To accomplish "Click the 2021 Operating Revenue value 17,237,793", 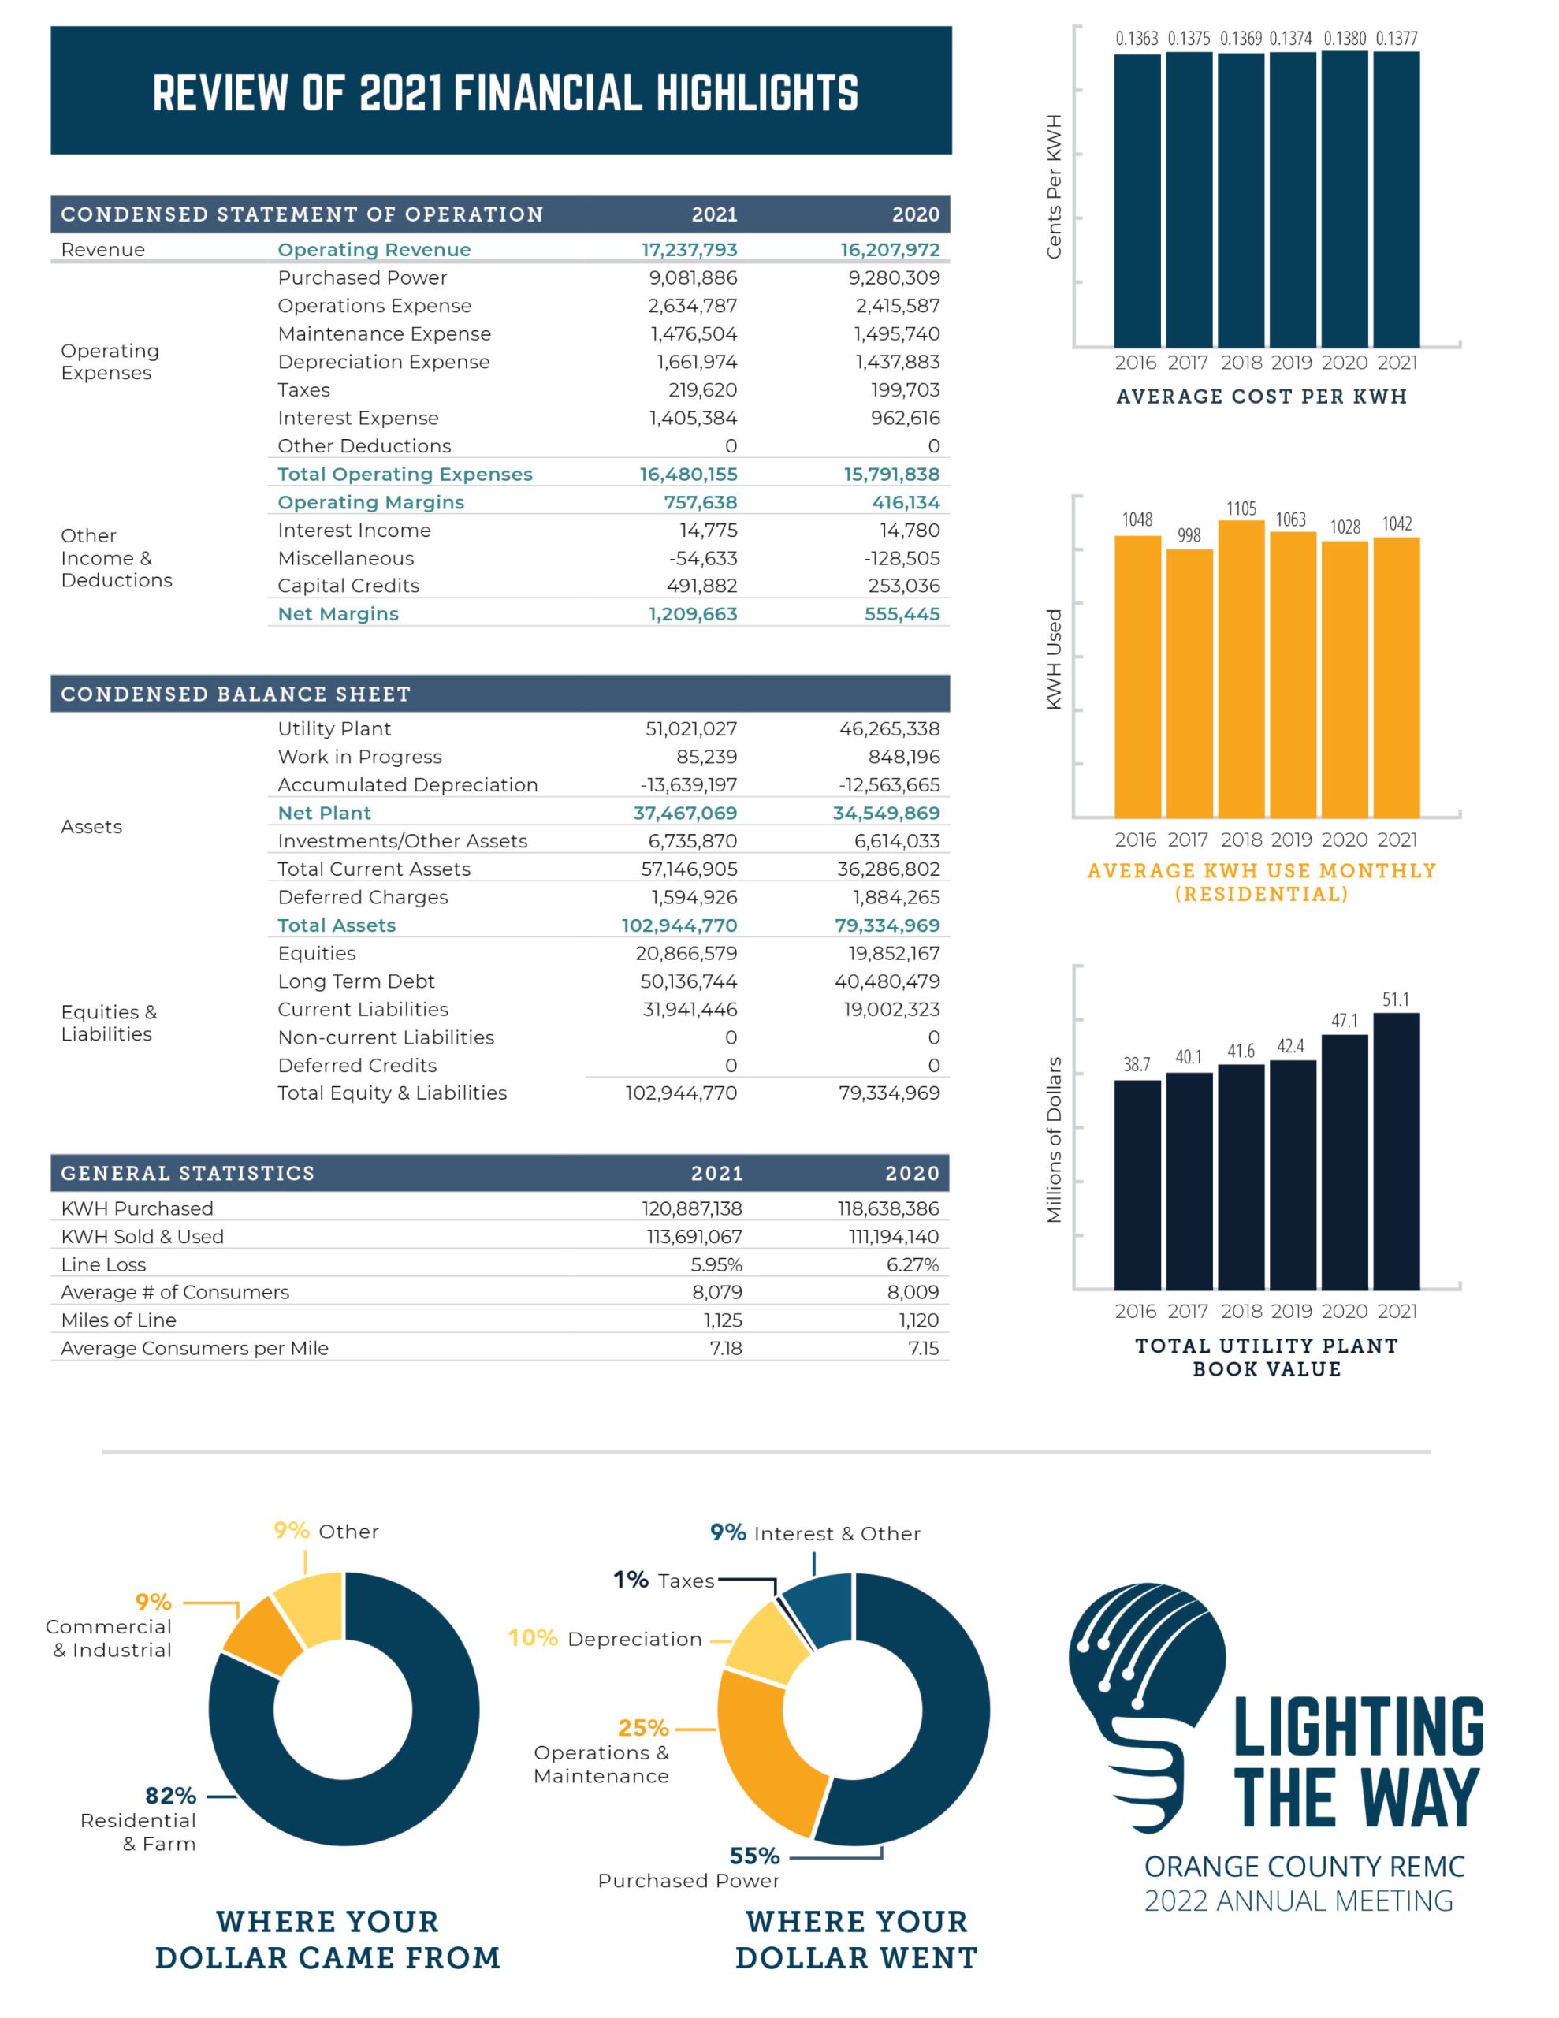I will tap(689, 249).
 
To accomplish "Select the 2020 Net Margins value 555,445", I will tap(901, 613).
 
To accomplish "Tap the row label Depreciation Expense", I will tap(384, 362).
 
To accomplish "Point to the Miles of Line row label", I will tap(118, 1320).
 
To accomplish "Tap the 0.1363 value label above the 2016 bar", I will tap(1137, 39).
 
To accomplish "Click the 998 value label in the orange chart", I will tap(1189, 535).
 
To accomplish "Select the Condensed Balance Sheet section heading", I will tap(236, 694).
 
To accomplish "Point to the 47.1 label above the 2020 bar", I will tap(1345, 1020).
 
